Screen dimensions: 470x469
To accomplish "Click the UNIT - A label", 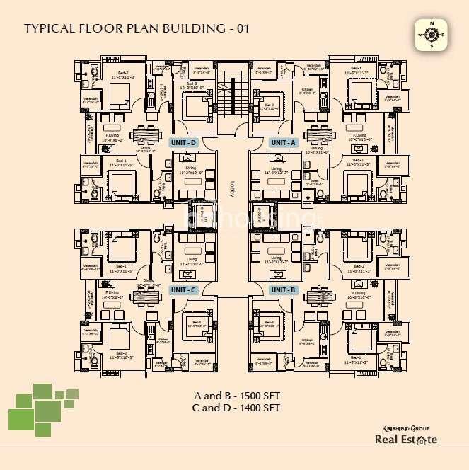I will [x=284, y=142].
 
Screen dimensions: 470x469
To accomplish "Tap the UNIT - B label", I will [x=284, y=290].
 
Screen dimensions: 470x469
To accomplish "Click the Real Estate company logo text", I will [x=405, y=440].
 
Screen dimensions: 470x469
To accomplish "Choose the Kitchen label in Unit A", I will [x=307, y=91].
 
